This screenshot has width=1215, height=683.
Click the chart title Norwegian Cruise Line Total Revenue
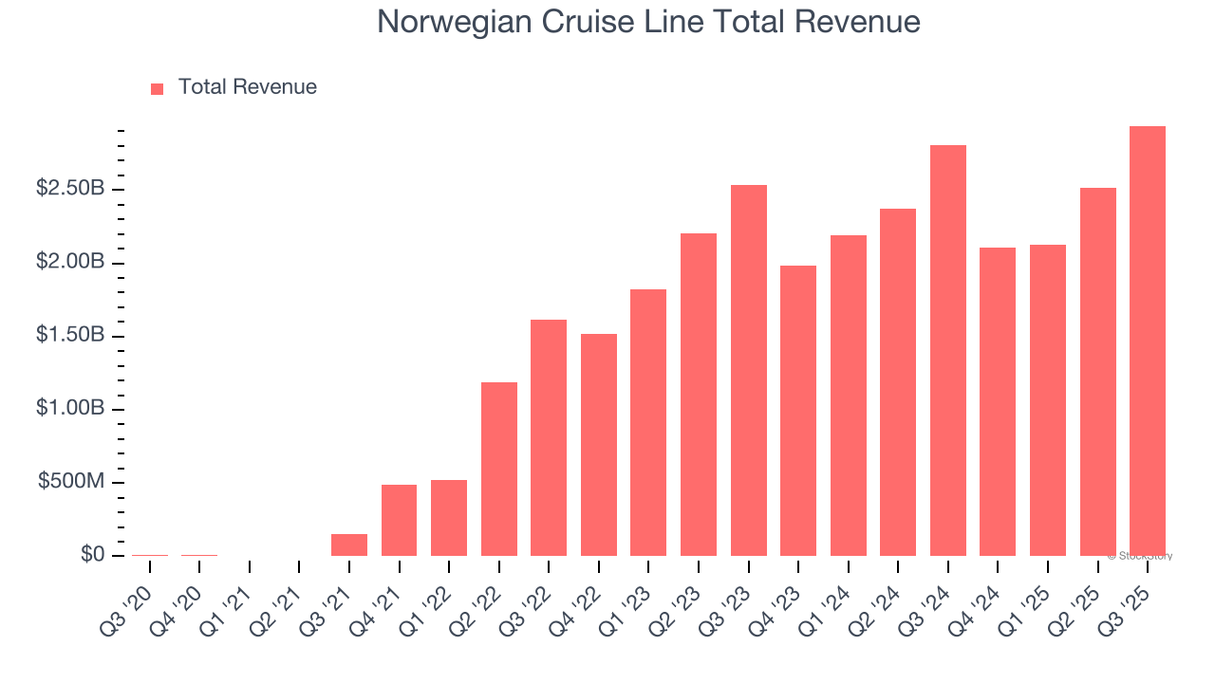[x=648, y=22]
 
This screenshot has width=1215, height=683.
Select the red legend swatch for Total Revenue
[x=158, y=88]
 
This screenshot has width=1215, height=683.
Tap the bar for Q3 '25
[x=1148, y=341]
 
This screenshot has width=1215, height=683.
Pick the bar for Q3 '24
[x=948, y=351]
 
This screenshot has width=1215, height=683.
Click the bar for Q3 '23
[x=749, y=370]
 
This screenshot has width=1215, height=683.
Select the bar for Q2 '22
[x=499, y=469]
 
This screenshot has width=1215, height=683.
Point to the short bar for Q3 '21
[x=349, y=545]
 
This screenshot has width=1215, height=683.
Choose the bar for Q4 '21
[x=399, y=520]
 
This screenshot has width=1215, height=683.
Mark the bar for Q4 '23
[x=798, y=411]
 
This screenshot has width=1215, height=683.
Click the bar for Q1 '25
[x=1048, y=400]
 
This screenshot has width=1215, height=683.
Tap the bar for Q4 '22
[x=599, y=445]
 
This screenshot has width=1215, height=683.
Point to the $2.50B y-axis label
[x=70, y=189]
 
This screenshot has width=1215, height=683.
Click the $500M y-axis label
[x=71, y=482]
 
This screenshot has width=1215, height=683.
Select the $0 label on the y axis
[x=92, y=555]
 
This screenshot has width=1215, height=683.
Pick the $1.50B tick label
[x=70, y=336]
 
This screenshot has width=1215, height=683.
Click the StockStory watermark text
[x=1140, y=556]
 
